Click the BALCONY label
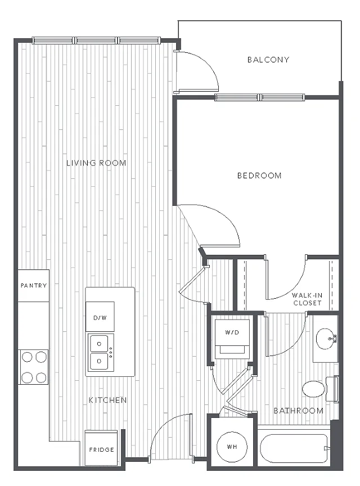pyautogui.click(x=268, y=60)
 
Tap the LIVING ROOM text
pyautogui.click(x=96, y=163)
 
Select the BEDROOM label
pyautogui.click(x=259, y=175)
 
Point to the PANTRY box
pyautogui.click(x=34, y=285)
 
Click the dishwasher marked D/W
pyautogui.click(x=100, y=317)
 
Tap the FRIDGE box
pyautogui.click(x=101, y=448)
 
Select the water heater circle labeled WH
pyautogui.click(x=232, y=447)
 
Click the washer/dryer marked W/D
pyautogui.click(x=232, y=339)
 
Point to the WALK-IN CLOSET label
pyautogui.click(x=307, y=299)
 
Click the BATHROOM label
pyautogui.click(x=299, y=411)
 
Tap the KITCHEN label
pyautogui.click(x=107, y=400)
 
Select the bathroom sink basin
pyautogui.click(x=326, y=339)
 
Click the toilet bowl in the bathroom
pyautogui.click(x=313, y=389)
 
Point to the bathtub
pyautogui.click(x=294, y=448)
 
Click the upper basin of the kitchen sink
pyautogui.click(x=99, y=344)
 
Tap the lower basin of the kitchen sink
pyautogui.click(x=99, y=361)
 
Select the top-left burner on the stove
pyautogui.click(x=26, y=357)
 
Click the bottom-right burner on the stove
pyautogui.click(x=41, y=377)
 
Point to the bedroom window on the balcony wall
pyautogui.click(x=259, y=97)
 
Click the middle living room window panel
pyautogui.click(x=96, y=40)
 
